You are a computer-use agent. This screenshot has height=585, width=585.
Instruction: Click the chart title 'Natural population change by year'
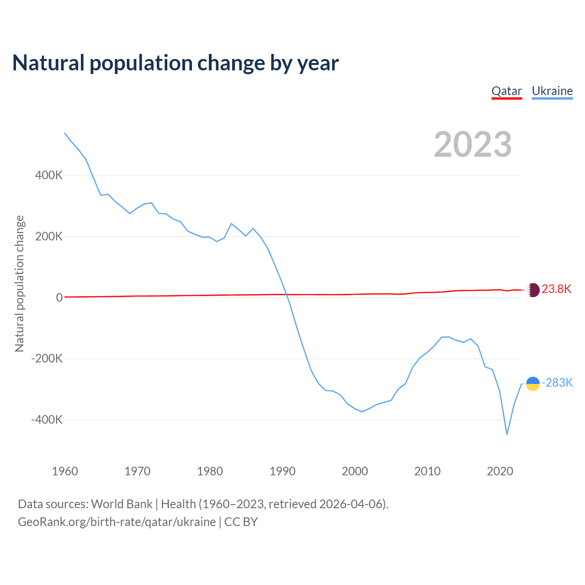click(x=175, y=63)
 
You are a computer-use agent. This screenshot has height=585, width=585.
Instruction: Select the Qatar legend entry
click(x=506, y=91)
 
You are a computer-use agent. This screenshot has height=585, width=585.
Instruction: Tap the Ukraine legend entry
click(x=552, y=91)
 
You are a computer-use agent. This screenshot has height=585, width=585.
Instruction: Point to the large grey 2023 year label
click(x=473, y=144)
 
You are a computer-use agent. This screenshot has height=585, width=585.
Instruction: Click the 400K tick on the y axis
click(x=49, y=175)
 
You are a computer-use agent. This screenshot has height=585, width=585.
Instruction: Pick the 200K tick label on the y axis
click(x=49, y=237)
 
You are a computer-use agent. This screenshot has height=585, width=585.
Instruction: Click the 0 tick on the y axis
click(x=59, y=298)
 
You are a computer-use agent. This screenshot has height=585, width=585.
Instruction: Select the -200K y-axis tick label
click(x=47, y=359)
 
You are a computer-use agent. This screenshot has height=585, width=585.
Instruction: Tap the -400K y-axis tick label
click(x=47, y=420)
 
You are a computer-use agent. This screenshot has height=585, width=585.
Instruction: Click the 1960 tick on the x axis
click(x=65, y=471)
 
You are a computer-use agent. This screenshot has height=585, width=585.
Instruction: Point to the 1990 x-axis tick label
click(x=282, y=471)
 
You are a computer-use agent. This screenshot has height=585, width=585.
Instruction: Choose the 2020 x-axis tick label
click(x=500, y=471)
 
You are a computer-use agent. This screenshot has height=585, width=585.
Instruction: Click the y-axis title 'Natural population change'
click(x=19, y=284)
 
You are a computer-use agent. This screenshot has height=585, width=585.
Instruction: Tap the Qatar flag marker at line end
click(x=533, y=290)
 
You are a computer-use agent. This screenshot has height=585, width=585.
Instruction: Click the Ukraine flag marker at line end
click(x=533, y=384)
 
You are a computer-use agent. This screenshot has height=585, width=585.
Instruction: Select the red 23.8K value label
click(x=557, y=289)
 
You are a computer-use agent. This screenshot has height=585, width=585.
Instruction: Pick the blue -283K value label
click(x=557, y=383)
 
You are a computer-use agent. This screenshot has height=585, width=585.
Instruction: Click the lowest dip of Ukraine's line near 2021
click(x=507, y=434)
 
